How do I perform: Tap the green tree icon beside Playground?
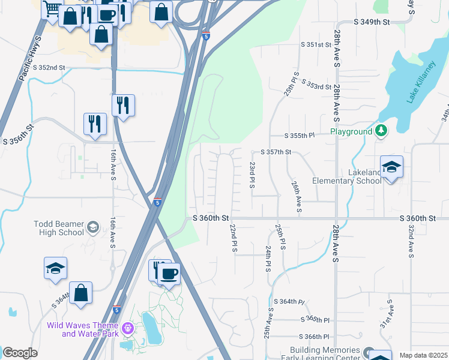click(381, 131)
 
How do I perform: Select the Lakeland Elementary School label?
click(347, 176)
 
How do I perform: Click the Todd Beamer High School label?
click(59, 228)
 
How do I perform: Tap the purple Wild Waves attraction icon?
click(127, 328)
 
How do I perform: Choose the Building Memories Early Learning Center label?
click(325, 354)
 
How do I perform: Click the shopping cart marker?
click(52, 8)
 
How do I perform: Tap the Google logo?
click(20, 353)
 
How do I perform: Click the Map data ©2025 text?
click(423, 355)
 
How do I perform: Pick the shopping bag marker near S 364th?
click(80, 293)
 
